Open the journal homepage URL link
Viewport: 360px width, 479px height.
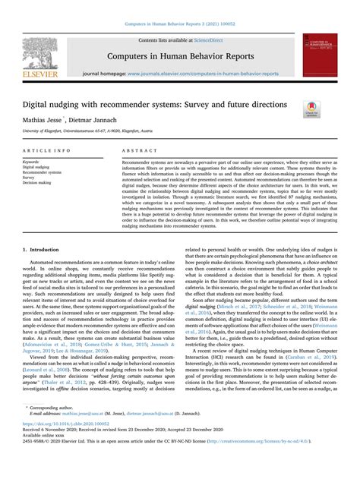point(203,73)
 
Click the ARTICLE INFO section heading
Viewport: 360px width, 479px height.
point(43,150)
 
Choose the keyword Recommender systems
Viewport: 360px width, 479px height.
point(43,172)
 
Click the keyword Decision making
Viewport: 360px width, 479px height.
point(38,183)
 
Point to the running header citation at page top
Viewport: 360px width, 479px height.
point(179,7)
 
